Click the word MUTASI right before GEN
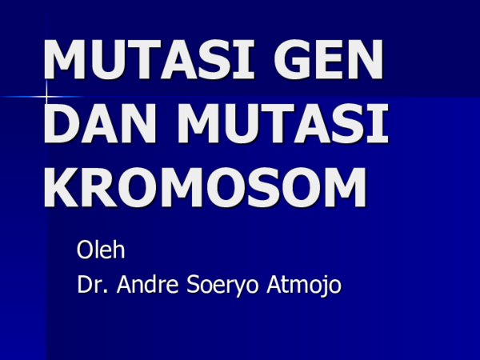[x=149, y=59]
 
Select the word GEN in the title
[x=329, y=59]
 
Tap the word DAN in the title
[x=100, y=123]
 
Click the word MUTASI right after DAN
[x=283, y=123]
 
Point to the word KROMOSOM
[x=205, y=187]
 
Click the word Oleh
[x=101, y=250]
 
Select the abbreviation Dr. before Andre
[x=92, y=284]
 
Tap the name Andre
[x=147, y=284]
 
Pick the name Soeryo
[x=222, y=286]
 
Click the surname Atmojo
[x=304, y=286]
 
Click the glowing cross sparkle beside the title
[x=46, y=97]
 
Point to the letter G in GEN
[x=293, y=59]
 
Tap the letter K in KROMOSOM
[x=62, y=187]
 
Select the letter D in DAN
[x=62, y=123]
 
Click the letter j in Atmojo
[x=322, y=286]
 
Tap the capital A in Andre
[x=126, y=284]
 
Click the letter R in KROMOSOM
[x=100, y=187]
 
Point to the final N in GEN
[x=366, y=59]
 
